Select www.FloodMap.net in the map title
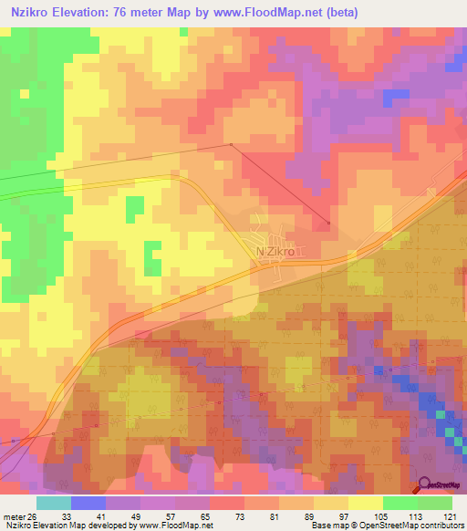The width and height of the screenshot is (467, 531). click(265, 13)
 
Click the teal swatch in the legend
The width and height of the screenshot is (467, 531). click(54, 502)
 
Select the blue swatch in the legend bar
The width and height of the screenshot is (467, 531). click(88, 502)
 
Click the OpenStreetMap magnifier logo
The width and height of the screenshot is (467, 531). click(424, 485)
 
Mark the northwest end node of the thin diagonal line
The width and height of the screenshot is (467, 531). click(232, 144)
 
